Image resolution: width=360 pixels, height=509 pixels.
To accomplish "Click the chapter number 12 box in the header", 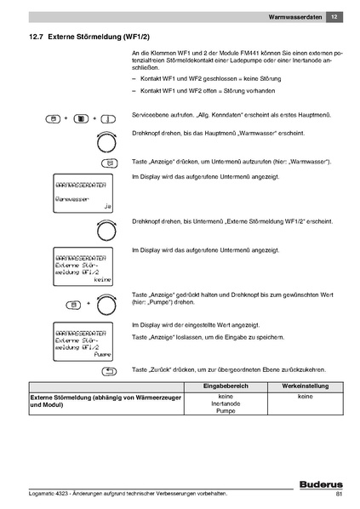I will click(x=334, y=17).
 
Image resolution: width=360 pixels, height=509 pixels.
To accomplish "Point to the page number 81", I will click(x=339, y=495).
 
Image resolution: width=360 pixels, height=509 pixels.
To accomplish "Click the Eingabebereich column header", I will click(x=226, y=387).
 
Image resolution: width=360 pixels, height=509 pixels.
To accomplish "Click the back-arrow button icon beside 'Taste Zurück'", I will click(x=110, y=372).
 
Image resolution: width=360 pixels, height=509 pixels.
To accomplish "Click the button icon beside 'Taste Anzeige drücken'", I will click(x=110, y=162).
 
